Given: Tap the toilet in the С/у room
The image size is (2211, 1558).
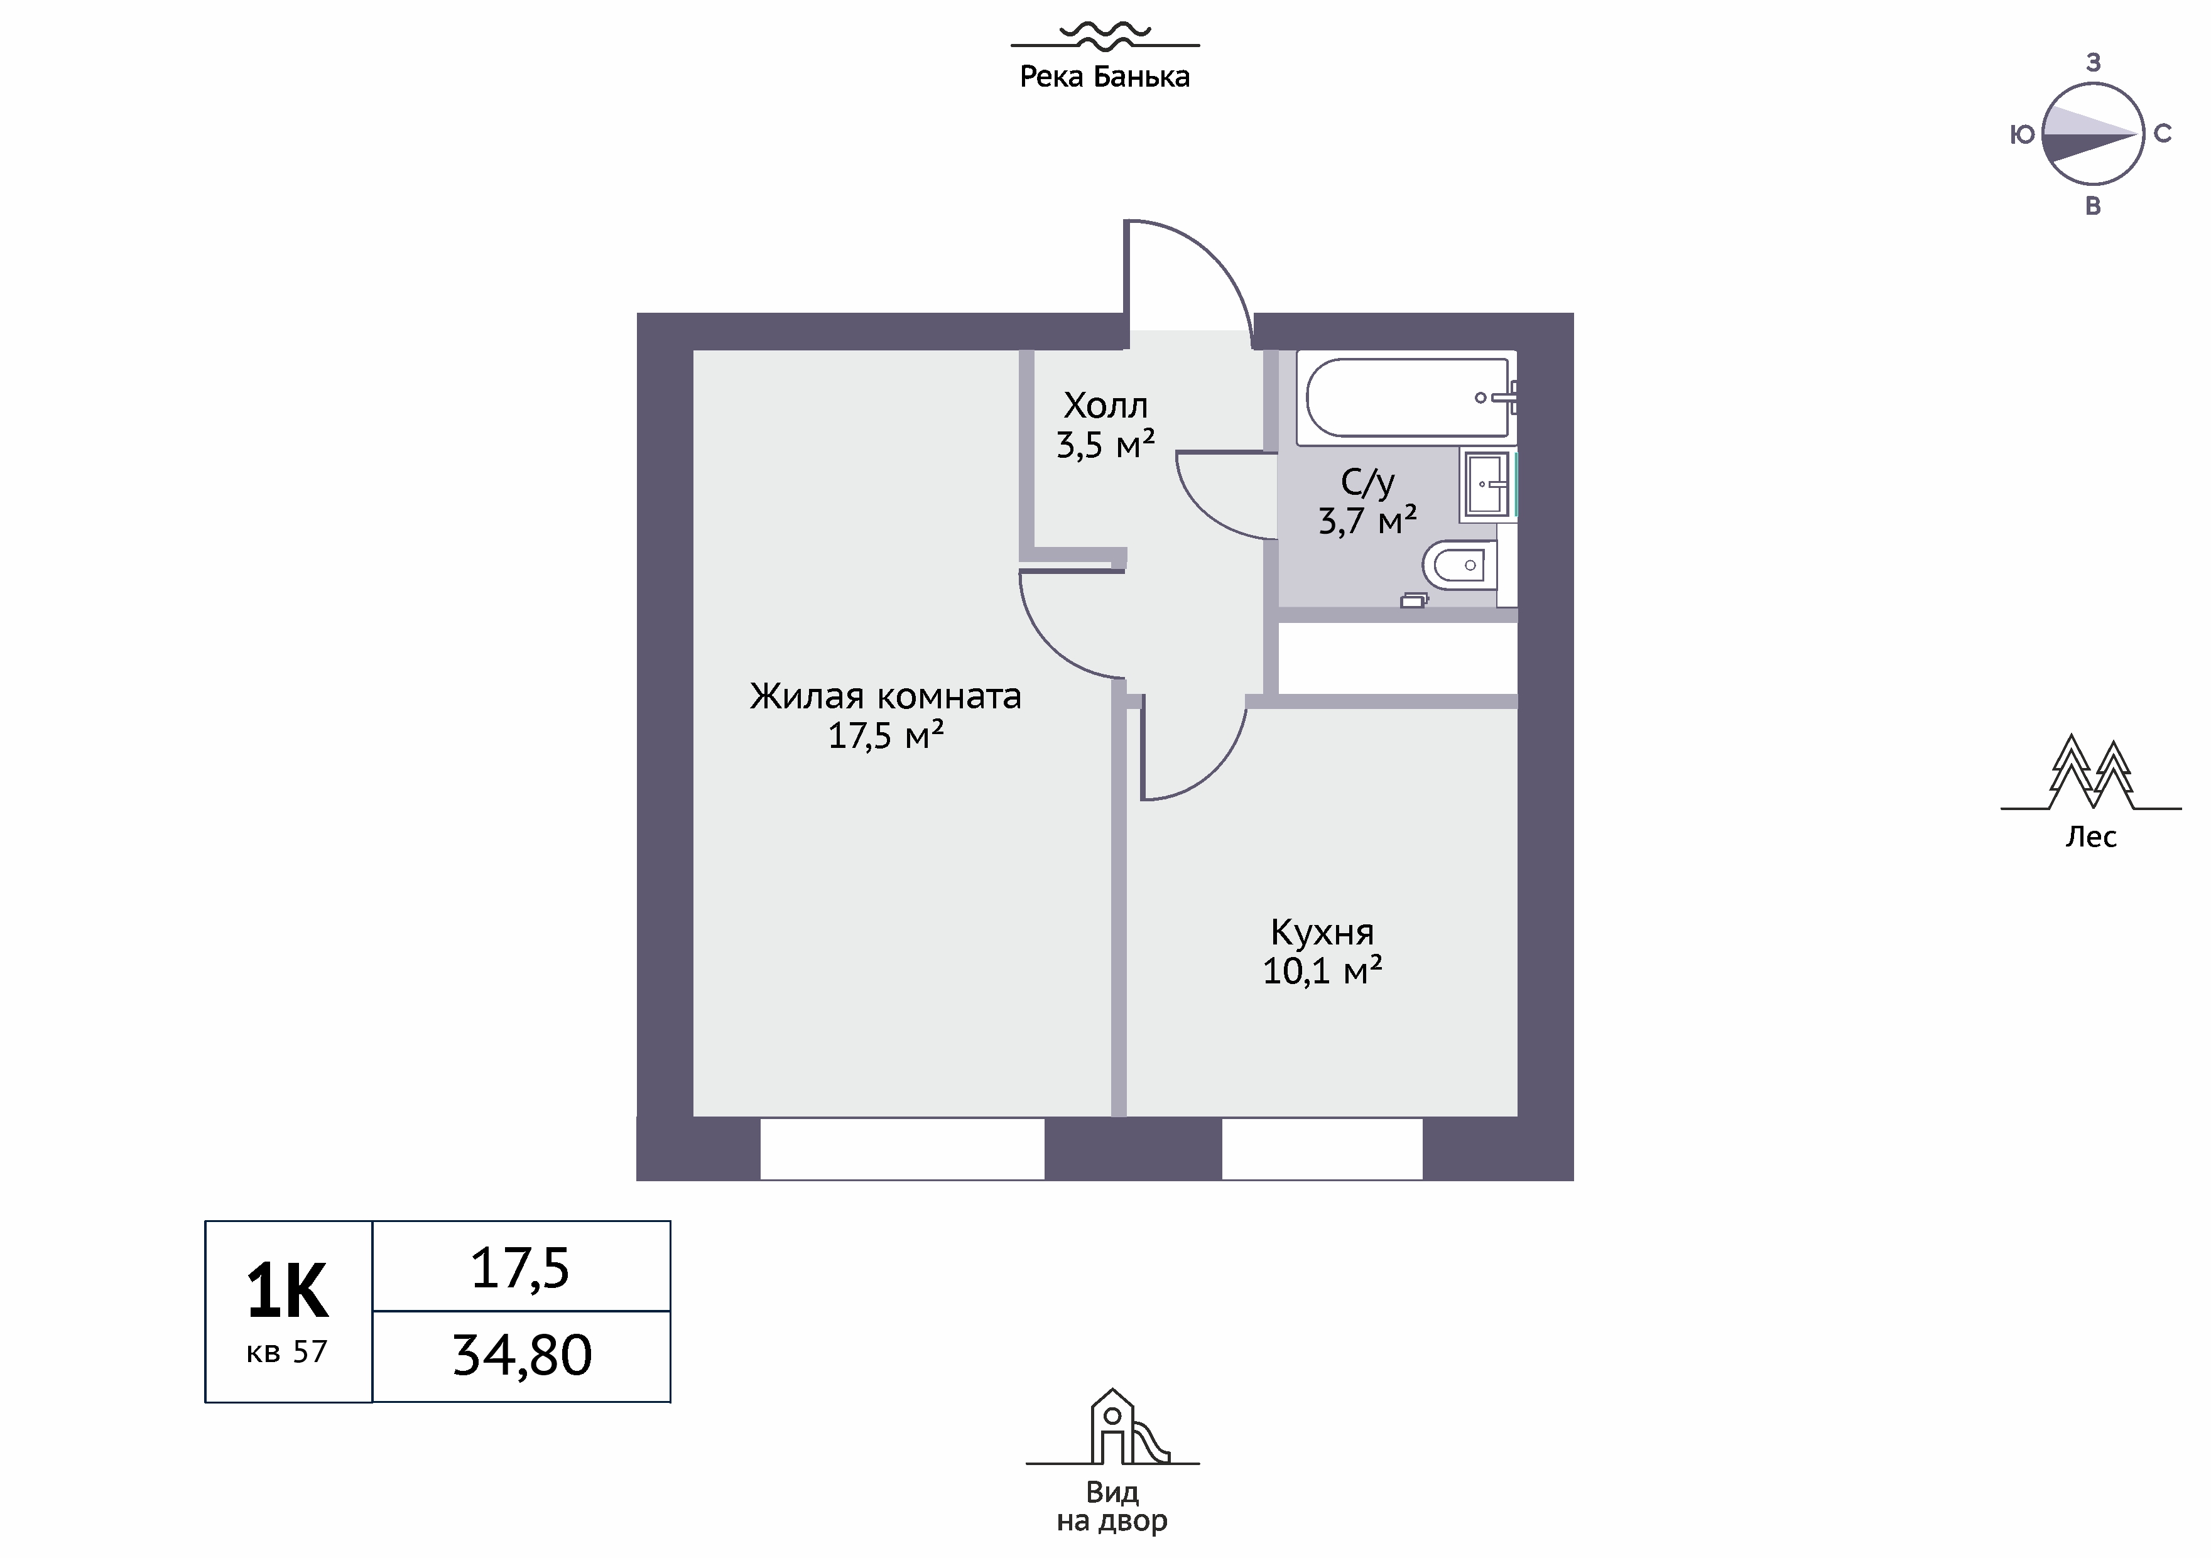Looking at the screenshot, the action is click(x=1460, y=565).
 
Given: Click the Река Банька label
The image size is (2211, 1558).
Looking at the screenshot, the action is click(x=1104, y=77).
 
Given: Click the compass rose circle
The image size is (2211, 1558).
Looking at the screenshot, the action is click(x=2092, y=134).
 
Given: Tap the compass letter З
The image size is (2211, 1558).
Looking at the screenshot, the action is click(x=2092, y=63).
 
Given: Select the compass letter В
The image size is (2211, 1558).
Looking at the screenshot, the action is click(x=2092, y=206).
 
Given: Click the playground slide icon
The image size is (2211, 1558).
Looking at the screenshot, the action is click(x=1113, y=1428).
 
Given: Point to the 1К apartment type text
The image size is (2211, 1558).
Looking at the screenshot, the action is click(x=287, y=1291).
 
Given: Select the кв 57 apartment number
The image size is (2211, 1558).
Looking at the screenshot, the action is click(x=287, y=1352).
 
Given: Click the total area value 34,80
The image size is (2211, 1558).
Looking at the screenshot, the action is click(x=522, y=1356).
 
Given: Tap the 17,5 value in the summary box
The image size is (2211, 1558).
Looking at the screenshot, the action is click(x=520, y=1268).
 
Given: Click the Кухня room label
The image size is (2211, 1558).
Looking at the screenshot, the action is click(x=1322, y=932).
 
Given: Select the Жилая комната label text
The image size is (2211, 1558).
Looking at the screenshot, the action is click(x=886, y=696).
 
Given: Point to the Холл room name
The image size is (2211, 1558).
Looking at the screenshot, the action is click(x=1105, y=406).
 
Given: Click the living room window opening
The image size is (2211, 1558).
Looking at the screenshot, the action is click(x=903, y=1149).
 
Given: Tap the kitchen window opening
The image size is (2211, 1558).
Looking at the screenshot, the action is click(x=1322, y=1149).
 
